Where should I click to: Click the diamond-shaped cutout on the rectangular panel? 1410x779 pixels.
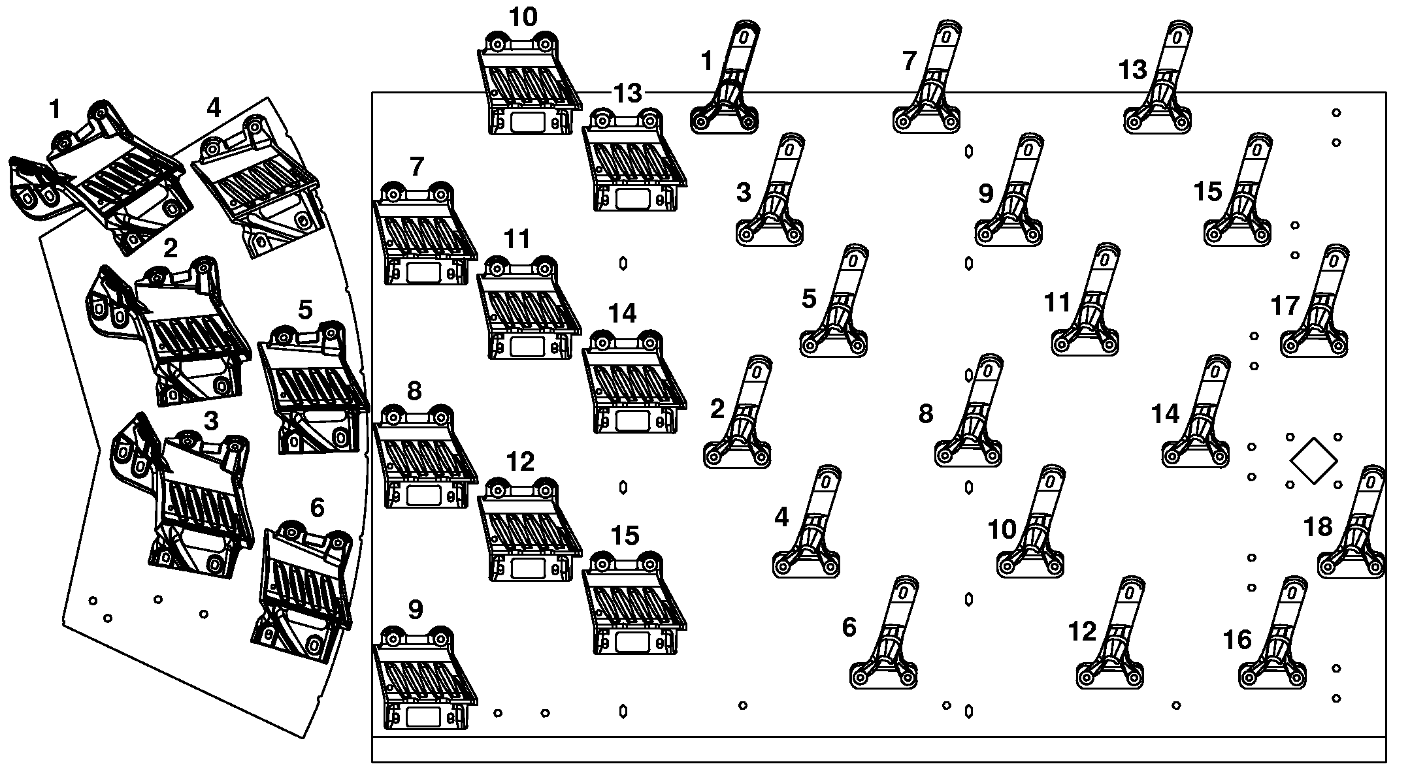pyautogui.click(x=1313, y=461)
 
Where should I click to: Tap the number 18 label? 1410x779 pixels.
pyautogui.click(x=1317, y=526)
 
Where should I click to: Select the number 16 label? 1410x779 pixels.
pyautogui.click(x=1237, y=640)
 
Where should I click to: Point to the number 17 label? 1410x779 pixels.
pyautogui.click(x=1285, y=306)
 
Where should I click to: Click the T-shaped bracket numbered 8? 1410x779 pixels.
pyautogui.click(x=968, y=411)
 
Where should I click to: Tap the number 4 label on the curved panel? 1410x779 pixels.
pyautogui.click(x=214, y=108)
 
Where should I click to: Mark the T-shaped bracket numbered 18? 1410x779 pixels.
pyautogui.click(x=1352, y=522)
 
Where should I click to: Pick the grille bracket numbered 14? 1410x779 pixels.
pyautogui.click(x=634, y=381)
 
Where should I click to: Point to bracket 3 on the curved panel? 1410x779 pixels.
pyautogui.click(x=183, y=496)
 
